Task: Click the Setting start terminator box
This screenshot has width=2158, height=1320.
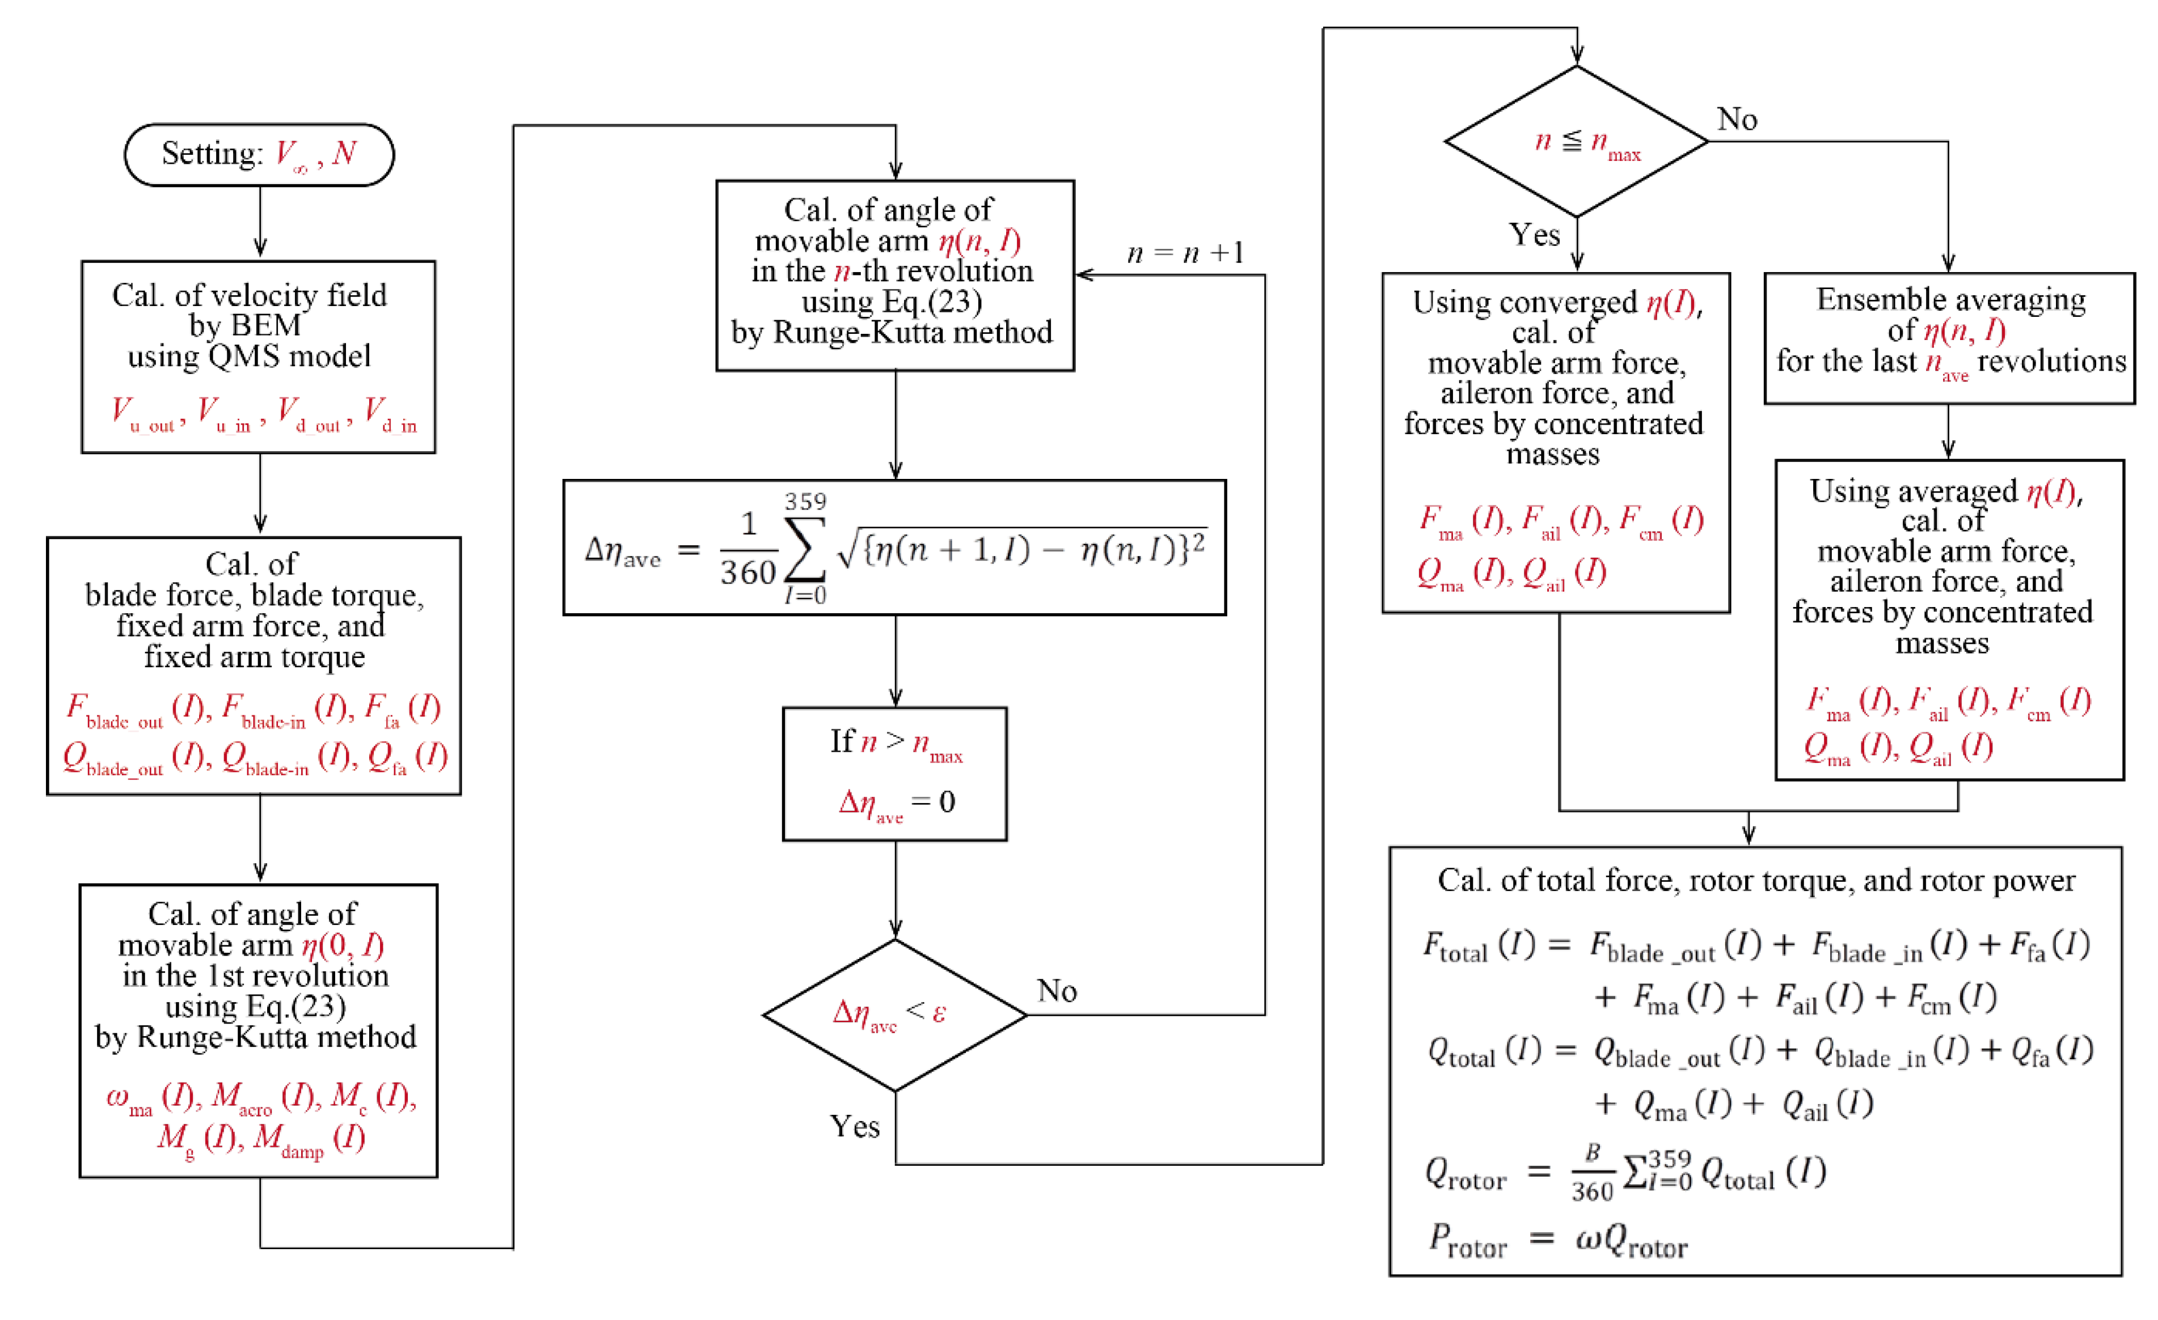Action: pyautogui.click(x=259, y=155)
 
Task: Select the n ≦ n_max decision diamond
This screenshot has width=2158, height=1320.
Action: pyautogui.click(x=1577, y=142)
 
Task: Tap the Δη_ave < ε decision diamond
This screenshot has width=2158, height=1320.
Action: pyautogui.click(x=894, y=1016)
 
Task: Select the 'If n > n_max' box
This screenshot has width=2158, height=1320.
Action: pyautogui.click(x=894, y=774)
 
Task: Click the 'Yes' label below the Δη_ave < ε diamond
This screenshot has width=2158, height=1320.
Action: pyautogui.click(x=855, y=1127)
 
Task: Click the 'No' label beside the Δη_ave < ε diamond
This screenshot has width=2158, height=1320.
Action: pyautogui.click(x=1057, y=991)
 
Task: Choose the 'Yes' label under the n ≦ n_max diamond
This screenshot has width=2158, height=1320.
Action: pyautogui.click(x=1535, y=235)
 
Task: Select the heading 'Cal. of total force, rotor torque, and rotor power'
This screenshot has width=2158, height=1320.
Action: pyautogui.click(x=1756, y=881)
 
